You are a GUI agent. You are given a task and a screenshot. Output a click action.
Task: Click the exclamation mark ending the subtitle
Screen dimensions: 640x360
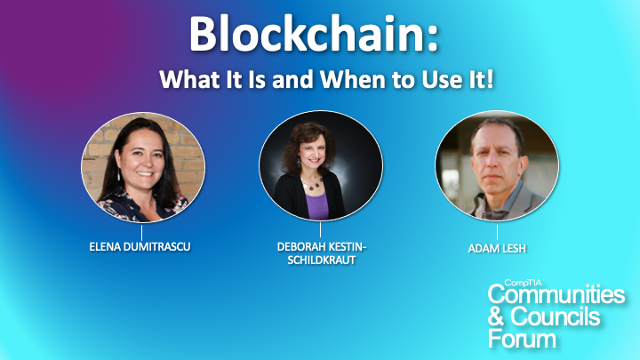pyautogui.click(x=490, y=79)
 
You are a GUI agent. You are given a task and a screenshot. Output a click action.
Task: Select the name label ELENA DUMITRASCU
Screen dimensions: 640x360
pyautogui.click(x=140, y=246)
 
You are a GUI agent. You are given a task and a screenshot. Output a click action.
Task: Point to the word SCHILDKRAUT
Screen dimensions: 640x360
pyautogui.click(x=321, y=260)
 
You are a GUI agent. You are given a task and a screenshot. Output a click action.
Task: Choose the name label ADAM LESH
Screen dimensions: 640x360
pyautogui.click(x=497, y=248)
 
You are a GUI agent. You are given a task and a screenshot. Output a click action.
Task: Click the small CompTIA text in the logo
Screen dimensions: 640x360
pyautogui.click(x=523, y=283)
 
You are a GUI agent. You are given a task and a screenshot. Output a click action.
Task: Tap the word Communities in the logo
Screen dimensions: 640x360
pyautogui.click(x=556, y=294)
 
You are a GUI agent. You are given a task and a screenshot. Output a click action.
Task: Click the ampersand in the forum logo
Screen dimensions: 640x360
pyautogui.click(x=496, y=316)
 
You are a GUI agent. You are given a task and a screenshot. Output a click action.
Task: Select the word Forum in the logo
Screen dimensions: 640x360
pyautogui.click(x=522, y=339)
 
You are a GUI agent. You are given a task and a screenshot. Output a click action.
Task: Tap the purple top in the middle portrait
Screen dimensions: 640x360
pyautogui.click(x=317, y=205)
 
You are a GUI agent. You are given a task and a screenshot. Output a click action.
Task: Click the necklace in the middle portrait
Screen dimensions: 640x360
pyautogui.click(x=313, y=185)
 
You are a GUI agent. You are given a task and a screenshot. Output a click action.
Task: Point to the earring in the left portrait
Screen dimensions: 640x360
pyautogui.click(x=119, y=175)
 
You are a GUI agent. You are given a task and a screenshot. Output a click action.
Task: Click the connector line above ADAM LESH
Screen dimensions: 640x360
pyautogui.click(x=497, y=232)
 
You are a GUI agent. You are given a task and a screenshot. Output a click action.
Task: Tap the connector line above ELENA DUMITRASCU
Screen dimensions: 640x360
pyautogui.click(x=141, y=232)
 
